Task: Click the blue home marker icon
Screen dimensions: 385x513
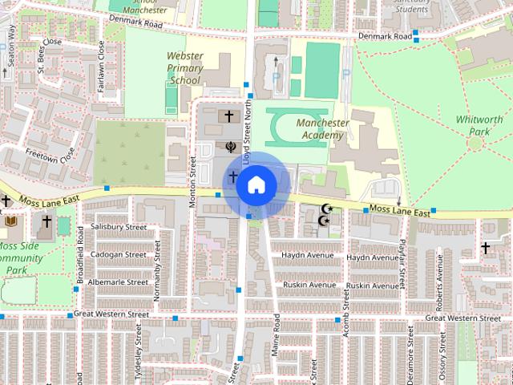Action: pyautogui.click(x=256, y=185)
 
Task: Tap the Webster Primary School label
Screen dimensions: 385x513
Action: pyautogui.click(x=184, y=69)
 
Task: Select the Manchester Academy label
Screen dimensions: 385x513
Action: pyautogui.click(x=322, y=129)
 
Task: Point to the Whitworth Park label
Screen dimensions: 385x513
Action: pyautogui.click(x=479, y=125)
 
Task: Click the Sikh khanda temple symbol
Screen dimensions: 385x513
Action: pyautogui.click(x=230, y=147)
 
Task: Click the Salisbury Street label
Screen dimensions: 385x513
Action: pyautogui.click(x=118, y=227)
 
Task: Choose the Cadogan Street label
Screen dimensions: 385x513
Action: pyautogui.click(x=118, y=254)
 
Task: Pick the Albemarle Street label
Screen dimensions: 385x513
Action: pyautogui.click(x=119, y=282)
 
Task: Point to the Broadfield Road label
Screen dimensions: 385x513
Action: pyautogui.click(x=81, y=261)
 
